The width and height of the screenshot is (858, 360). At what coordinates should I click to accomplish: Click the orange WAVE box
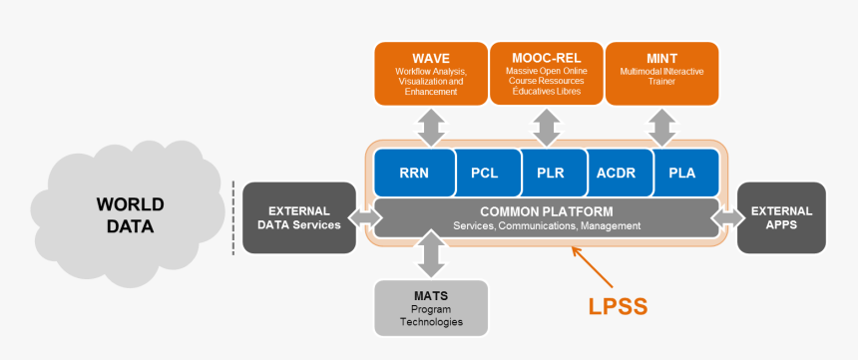(430, 73)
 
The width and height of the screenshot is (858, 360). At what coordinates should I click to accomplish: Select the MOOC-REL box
(545, 73)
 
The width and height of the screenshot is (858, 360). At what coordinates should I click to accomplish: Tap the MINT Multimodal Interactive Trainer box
(661, 73)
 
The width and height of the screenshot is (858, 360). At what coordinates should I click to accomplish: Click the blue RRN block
(413, 173)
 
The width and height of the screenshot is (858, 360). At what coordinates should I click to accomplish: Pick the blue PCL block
(484, 173)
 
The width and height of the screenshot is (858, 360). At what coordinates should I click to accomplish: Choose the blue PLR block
(550, 173)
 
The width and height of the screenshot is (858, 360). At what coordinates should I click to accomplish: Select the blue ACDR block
(617, 173)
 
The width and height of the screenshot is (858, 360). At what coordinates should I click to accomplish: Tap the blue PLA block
(684, 173)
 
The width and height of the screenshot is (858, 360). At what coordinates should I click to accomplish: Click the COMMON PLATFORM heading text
(546, 211)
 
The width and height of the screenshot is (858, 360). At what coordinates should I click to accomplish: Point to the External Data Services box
(299, 217)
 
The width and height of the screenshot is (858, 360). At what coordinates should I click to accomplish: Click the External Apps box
(781, 217)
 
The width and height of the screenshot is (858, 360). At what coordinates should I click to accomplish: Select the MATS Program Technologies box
(431, 308)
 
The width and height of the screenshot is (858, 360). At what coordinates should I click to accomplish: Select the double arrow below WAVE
(431, 127)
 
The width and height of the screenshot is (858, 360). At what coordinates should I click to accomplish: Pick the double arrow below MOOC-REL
(546, 127)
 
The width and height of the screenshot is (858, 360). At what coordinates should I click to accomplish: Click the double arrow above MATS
(431, 254)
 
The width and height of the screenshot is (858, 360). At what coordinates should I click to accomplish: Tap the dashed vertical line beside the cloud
(233, 217)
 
